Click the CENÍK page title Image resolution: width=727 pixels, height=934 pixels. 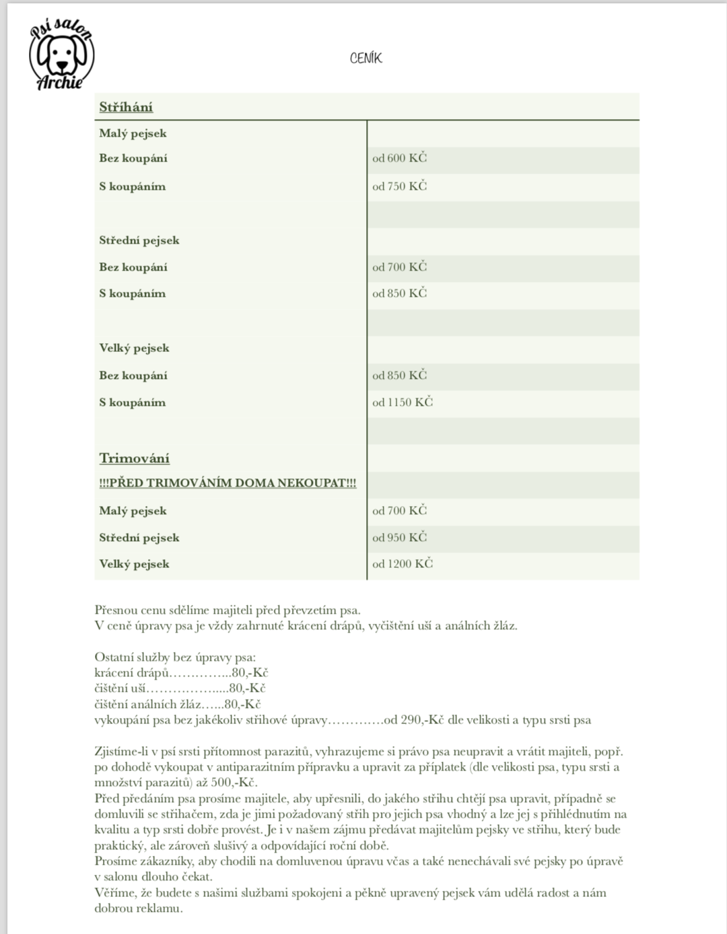tap(366, 59)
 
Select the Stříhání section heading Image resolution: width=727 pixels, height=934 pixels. tap(126, 107)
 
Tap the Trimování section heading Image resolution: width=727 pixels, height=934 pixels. tap(134, 458)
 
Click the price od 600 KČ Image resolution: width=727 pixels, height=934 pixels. tap(399, 158)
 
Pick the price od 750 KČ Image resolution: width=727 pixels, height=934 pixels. tap(399, 186)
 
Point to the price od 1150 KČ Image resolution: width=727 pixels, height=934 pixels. tap(402, 402)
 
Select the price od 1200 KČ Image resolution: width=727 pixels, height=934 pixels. tap(402, 564)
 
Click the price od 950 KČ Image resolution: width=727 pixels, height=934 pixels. tap(399, 538)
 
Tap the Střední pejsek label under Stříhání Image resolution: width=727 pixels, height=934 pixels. tap(139, 240)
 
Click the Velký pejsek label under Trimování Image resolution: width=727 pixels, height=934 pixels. tap(134, 564)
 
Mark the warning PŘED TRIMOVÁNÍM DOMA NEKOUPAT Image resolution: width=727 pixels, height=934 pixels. tap(228, 483)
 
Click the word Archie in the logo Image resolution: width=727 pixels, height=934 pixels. tap(60, 83)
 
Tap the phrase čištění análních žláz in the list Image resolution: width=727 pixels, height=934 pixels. tap(148, 705)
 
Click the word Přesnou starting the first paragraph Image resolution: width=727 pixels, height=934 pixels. tap(116, 610)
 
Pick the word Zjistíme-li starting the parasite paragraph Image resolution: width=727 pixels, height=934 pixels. tap(120, 752)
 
